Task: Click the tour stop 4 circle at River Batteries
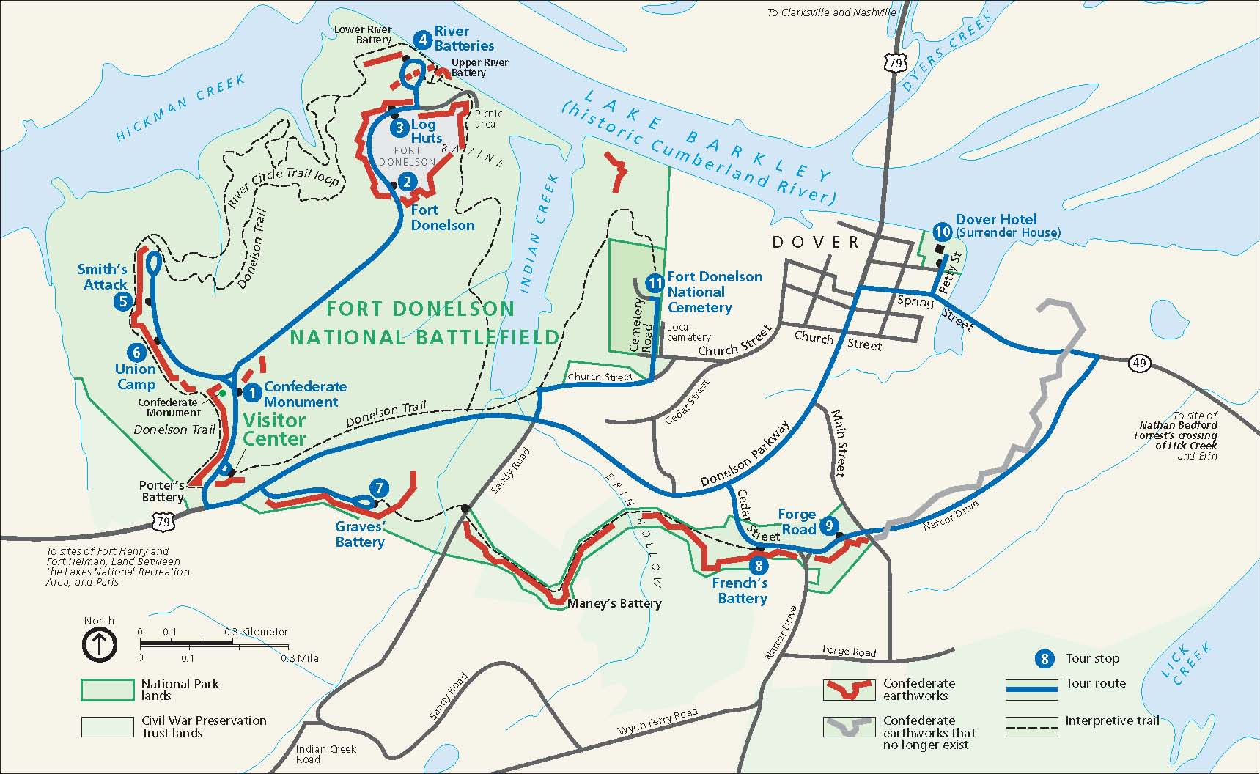click(x=421, y=39)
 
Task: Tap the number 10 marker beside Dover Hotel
click(x=943, y=232)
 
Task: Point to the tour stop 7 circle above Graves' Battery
click(x=378, y=488)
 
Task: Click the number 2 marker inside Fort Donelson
click(x=408, y=182)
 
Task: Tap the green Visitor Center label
click(x=274, y=430)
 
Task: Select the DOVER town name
click(x=815, y=242)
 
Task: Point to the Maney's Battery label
click(x=615, y=603)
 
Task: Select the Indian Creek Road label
click(x=325, y=753)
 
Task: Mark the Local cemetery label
click(x=689, y=332)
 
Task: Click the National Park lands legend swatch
click(x=107, y=690)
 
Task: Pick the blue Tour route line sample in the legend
click(x=1031, y=690)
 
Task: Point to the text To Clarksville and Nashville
click(x=831, y=12)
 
